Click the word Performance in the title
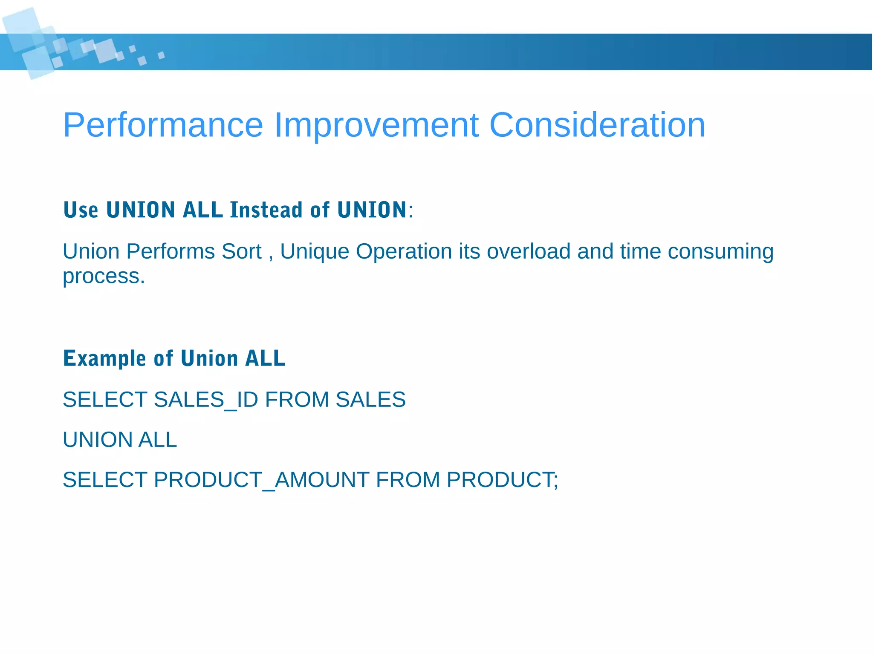[163, 125]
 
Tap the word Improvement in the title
[376, 125]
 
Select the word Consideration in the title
[597, 125]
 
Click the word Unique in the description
[315, 251]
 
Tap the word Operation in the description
[404, 251]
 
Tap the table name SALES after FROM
[370, 400]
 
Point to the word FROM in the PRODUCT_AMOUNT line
[408, 480]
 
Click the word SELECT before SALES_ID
[105, 400]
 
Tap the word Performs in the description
[171, 251]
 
